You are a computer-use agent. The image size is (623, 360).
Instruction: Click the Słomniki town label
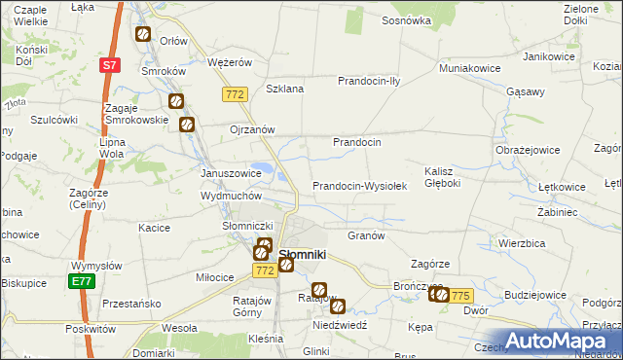click(303, 255)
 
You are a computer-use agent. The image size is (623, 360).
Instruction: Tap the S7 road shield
click(110, 65)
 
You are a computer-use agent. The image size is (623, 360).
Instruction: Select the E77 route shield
click(81, 282)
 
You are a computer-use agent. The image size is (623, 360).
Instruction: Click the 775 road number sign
click(460, 296)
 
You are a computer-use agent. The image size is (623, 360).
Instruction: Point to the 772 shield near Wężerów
click(234, 94)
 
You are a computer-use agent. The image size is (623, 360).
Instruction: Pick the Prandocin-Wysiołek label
click(358, 186)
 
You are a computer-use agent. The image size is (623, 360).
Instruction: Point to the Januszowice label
click(231, 172)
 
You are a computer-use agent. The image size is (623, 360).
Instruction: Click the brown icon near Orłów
click(143, 34)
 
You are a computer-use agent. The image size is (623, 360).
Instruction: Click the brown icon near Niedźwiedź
click(338, 306)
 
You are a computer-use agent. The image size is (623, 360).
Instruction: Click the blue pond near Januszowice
click(264, 171)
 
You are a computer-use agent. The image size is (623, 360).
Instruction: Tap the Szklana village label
click(285, 89)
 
